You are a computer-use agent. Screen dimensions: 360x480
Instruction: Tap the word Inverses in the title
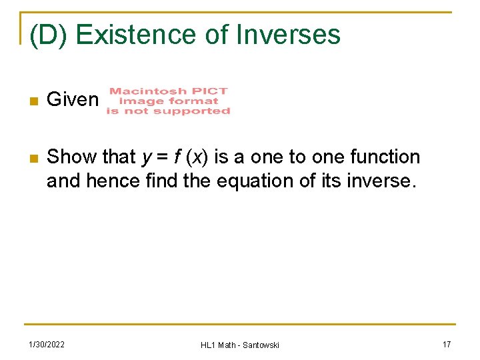tap(289, 34)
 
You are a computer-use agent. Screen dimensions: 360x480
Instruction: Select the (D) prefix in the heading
tap(51, 35)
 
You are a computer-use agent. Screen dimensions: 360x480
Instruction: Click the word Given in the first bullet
tap(73, 100)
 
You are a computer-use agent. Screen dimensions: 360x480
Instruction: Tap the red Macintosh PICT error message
tap(168, 101)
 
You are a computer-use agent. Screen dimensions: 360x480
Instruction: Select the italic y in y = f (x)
tap(147, 158)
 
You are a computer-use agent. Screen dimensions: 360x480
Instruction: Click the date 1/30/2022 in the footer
tap(46, 344)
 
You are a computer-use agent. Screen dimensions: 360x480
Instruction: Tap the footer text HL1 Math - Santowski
tap(240, 345)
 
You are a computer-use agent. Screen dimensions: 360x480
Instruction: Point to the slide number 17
tap(447, 344)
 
